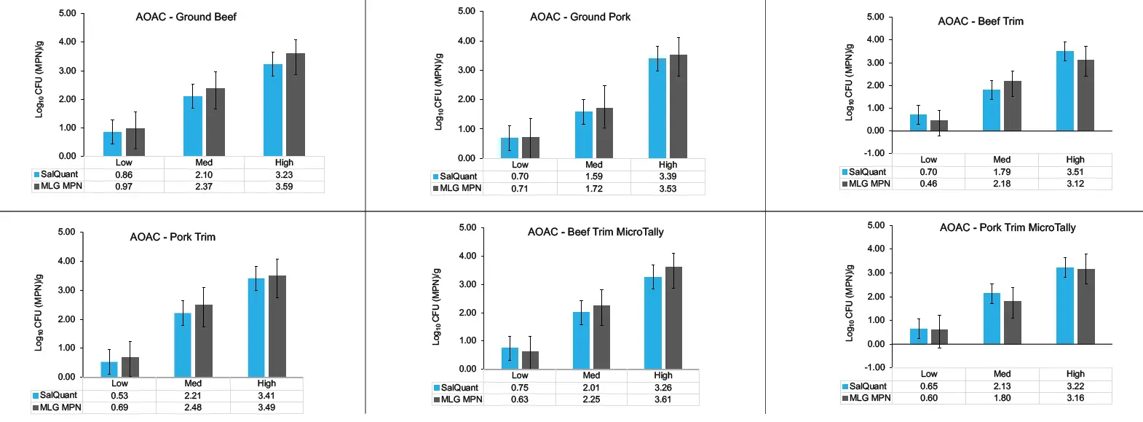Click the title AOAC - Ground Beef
[186, 17]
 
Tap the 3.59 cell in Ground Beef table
[284, 187]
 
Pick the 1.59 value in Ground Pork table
[594, 176]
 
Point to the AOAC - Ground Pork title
[580, 17]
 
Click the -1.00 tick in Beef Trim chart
[874, 153]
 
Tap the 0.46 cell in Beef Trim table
[928, 184]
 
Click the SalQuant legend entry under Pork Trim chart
[58, 395]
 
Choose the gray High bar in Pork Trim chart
[277, 327]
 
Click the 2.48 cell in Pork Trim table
[193, 407]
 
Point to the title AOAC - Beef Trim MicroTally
[596, 232]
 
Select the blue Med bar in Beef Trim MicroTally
[581, 340]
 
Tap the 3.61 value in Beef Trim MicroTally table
[663, 399]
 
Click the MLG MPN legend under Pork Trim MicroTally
[869, 398]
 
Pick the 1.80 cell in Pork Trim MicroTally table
[1002, 398]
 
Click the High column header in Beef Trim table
[1075, 160]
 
